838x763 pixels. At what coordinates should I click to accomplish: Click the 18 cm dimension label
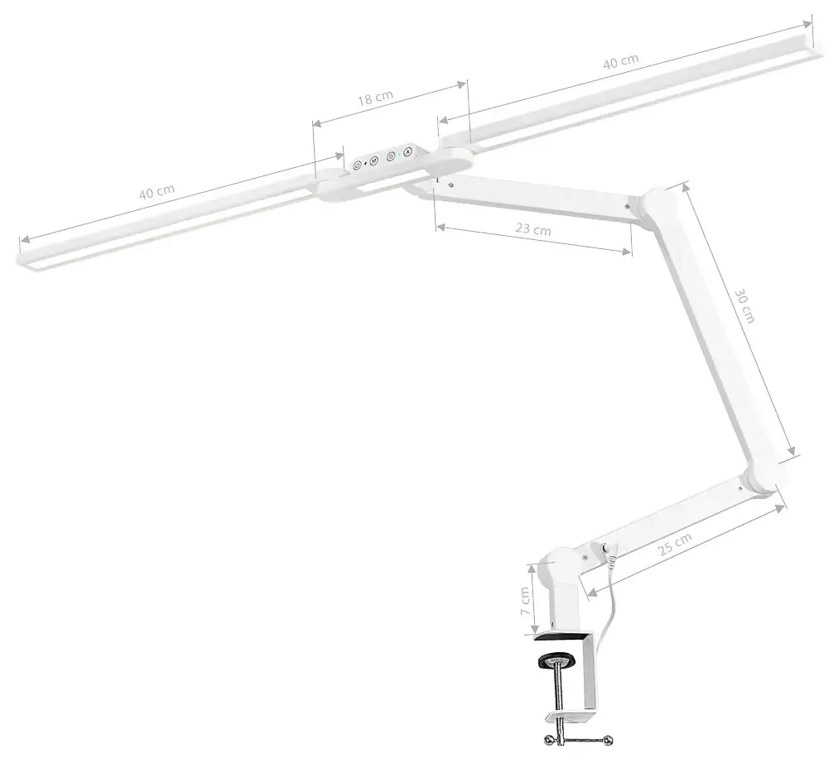pos(375,98)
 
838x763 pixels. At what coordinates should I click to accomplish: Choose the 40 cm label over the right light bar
pos(621,61)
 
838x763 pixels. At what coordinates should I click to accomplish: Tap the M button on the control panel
pos(373,161)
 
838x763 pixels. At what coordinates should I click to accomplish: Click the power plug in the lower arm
pos(610,549)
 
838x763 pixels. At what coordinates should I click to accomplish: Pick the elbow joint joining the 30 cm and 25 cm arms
pos(763,479)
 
